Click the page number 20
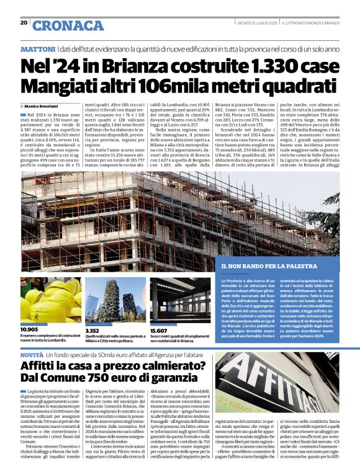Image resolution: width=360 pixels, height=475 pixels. tap(24, 23)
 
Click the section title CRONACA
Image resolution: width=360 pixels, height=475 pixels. tap(68, 25)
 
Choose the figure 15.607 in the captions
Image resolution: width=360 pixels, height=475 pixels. tap(159, 331)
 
